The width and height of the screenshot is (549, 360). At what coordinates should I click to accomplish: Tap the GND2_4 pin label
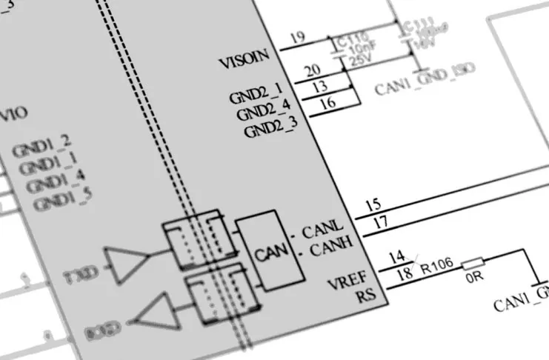(264, 113)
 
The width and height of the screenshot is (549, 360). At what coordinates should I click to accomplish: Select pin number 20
(312, 70)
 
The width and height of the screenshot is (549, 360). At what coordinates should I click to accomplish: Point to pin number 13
(320, 87)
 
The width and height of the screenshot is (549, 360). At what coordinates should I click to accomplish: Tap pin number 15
(374, 204)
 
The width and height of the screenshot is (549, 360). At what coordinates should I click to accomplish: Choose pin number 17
(381, 221)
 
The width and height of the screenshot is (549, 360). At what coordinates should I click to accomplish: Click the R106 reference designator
(438, 267)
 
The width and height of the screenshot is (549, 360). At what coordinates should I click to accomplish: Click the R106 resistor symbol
(473, 264)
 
